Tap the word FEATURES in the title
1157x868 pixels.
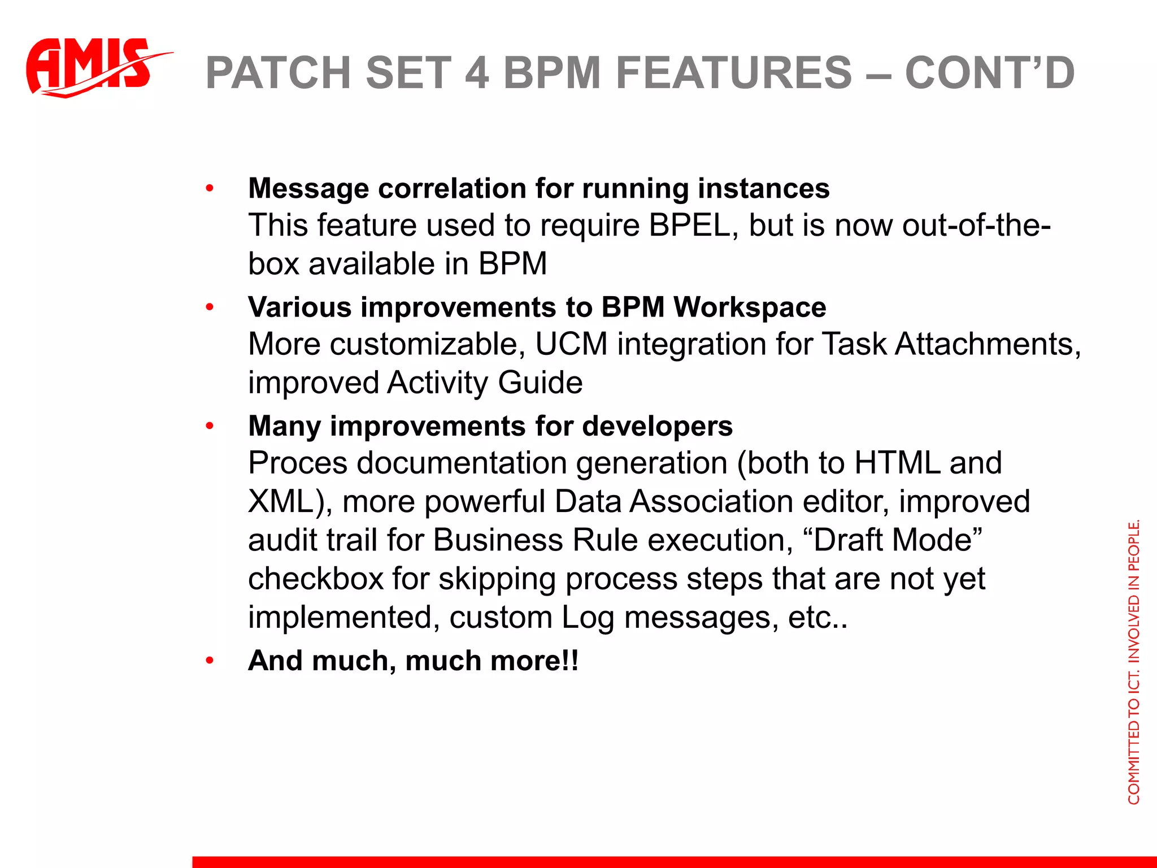click(733, 73)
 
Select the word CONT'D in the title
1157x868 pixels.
click(989, 73)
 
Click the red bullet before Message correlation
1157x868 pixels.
click(210, 188)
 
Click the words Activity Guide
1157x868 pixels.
click(485, 383)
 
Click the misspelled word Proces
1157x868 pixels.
click(297, 463)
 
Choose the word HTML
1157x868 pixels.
click(897, 463)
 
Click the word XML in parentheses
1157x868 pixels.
click(280, 501)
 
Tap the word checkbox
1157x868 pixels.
click(315, 579)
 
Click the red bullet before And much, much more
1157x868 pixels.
click(210, 661)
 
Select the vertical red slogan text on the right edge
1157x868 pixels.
click(1133, 661)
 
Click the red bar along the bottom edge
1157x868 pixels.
click(672, 862)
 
